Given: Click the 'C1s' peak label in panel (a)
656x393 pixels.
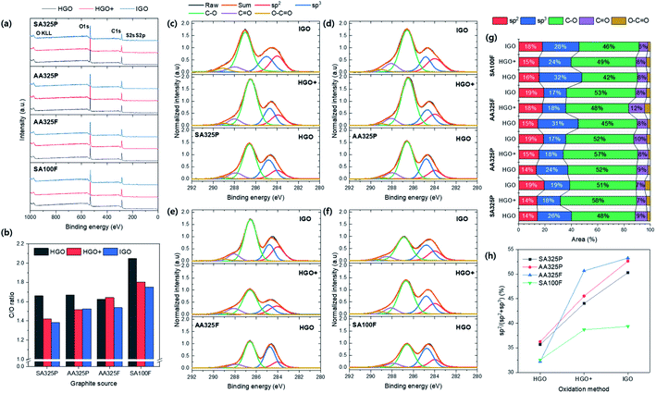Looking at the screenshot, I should pos(117,31).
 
